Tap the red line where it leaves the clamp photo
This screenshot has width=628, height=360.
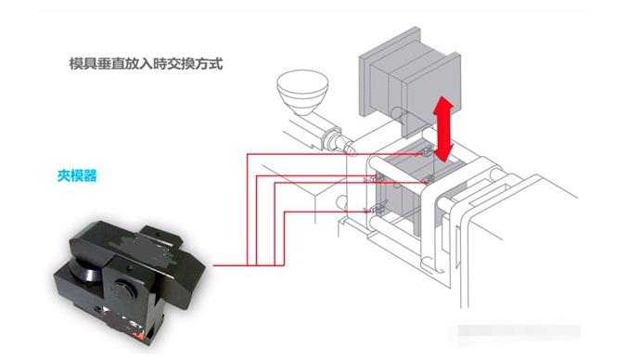[x=215, y=266]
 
